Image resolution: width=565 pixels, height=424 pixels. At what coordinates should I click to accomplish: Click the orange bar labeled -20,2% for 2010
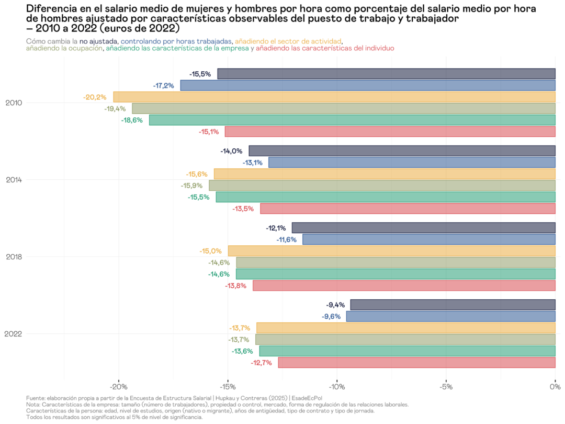pos(334,97)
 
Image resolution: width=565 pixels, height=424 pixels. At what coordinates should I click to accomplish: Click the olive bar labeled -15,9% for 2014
pos(382,186)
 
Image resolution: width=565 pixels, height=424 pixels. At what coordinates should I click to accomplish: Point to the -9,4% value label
pos(335,305)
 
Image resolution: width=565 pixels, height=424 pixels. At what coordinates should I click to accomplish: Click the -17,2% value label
pos(164,85)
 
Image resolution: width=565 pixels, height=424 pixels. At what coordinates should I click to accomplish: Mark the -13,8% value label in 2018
pos(236,286)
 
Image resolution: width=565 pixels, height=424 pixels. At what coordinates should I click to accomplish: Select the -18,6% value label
pos(132,120)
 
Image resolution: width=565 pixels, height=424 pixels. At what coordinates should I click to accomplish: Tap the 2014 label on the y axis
pos(14,180)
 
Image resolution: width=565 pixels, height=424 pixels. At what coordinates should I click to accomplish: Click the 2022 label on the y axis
pos(14,334)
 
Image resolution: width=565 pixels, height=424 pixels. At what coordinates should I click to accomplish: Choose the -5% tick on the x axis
pos(446,387)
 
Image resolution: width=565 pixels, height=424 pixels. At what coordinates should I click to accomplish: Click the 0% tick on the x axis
pos(554,387)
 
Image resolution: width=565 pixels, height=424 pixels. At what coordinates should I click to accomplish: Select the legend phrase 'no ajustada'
pos(98,41)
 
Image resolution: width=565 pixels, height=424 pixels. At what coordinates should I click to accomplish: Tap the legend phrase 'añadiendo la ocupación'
pos(64,48)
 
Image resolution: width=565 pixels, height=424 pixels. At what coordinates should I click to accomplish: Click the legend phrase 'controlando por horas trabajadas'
pos(176,41)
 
